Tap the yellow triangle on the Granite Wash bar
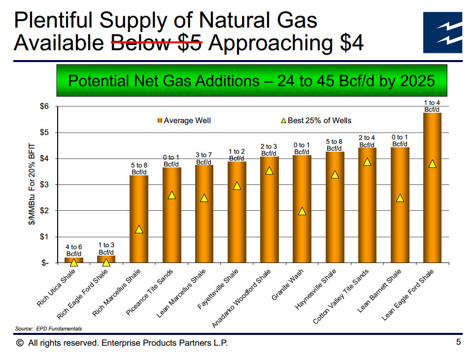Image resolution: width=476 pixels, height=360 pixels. click(x=302, y=211)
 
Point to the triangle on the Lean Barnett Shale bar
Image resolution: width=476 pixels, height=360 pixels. click(x=400, y=198)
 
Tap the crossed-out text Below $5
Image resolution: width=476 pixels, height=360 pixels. click(x=157, y=43)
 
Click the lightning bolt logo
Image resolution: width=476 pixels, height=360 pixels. click(x=442, y=33)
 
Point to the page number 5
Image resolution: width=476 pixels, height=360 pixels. click(x=458, y=342)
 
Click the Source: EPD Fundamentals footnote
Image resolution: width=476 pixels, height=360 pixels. click(x=49, y=328)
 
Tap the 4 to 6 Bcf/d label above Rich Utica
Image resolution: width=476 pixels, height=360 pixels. click(x=74, y=250)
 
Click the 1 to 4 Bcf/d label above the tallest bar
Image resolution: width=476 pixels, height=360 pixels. click(x=432, y=106)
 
